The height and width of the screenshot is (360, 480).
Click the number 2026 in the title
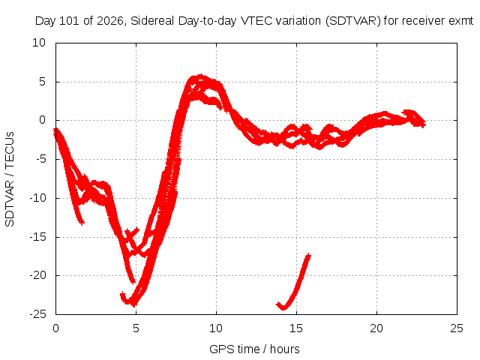click(x=110, y=21)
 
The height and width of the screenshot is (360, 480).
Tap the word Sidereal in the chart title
click(x=152, y=21)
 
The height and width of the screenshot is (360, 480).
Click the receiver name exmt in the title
click(x=460, y=21)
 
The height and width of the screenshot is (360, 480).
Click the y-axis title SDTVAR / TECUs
click(x=10, y=179)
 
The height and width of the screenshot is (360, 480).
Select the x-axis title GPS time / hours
click(x=254, y=349)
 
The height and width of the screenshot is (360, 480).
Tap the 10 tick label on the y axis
click(x=39, y=43)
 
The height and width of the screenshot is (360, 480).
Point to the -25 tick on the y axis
click(x=38, y=314)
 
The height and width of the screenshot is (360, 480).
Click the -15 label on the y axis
click(x=38, y=237)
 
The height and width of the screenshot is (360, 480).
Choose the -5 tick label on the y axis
click(x=41, y=159)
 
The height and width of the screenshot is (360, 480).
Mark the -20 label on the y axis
click(x=38, y=275)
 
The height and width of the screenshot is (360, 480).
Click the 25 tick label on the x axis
click(x=457, y=328)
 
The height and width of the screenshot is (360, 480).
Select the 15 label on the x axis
click(x=296, y=328)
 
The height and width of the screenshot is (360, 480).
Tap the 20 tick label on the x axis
click(x=376, y=328)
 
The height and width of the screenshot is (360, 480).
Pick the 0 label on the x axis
click(x=55, y=328)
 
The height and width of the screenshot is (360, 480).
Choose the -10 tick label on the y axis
click(x=38, y=198)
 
